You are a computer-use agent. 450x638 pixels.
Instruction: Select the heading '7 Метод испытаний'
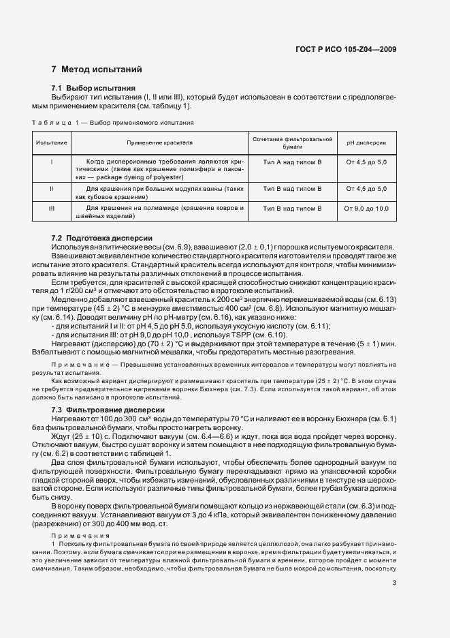tap(97, 70)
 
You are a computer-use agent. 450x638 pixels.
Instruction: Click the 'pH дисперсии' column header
tap(366, 143)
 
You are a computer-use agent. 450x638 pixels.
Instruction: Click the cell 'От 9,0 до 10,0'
tap(366, 208)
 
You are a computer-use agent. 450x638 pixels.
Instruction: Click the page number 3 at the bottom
tap(394, 582)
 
